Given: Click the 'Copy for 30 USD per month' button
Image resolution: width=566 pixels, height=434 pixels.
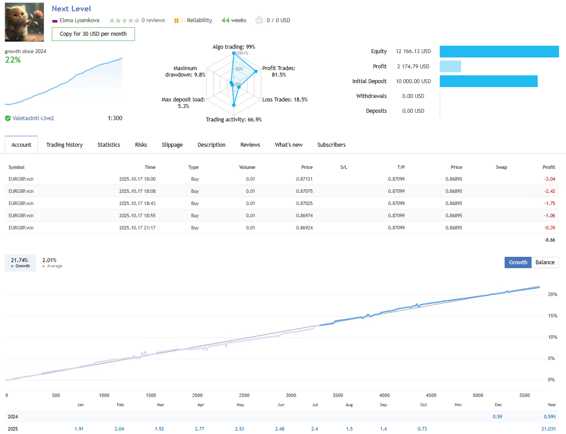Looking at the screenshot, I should (93, 34).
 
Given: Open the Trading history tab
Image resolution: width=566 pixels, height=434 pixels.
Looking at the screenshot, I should (64, 145).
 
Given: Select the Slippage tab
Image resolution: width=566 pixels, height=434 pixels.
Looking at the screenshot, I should (172, 145).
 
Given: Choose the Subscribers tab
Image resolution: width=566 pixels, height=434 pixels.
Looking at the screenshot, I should (331, 145).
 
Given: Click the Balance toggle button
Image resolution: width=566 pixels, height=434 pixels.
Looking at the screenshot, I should (545, 262).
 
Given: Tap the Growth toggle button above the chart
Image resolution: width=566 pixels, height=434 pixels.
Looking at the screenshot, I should (518, 262).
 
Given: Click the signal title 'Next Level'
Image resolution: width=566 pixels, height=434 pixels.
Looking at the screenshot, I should (71, 9).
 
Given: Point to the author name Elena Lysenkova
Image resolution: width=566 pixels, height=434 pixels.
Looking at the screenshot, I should (79, 20).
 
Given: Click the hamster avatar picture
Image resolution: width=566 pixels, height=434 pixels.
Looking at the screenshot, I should (24, 22).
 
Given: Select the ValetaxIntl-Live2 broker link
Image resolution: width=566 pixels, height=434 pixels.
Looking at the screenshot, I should (33, 118).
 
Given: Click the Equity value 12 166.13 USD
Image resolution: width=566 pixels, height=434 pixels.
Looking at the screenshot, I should (413, 51).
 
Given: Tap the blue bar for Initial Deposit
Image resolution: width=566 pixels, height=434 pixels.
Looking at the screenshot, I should (489, 81).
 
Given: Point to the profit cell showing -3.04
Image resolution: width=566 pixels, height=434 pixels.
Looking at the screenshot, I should (549, 179).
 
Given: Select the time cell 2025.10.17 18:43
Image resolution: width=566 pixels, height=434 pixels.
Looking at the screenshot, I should (137, 204).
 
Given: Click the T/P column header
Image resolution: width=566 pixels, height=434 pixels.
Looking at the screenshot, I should (401, 168).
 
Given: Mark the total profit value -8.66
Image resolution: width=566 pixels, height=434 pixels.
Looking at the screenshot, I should (549, 240).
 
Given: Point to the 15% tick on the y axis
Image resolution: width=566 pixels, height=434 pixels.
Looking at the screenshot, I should (552, 316).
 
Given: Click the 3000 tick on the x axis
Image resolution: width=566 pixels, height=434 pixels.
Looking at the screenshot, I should (291, 396).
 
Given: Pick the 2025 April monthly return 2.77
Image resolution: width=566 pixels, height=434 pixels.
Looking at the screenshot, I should (199, 429).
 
